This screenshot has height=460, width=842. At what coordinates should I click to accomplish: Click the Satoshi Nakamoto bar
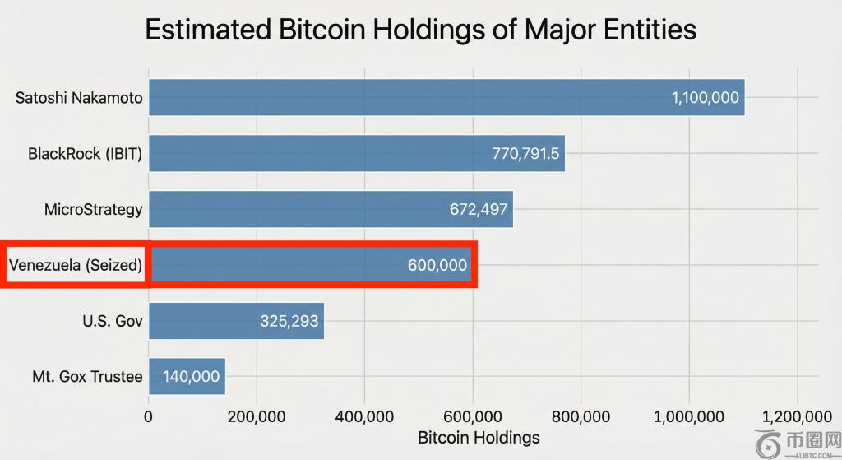[x=446, y=97]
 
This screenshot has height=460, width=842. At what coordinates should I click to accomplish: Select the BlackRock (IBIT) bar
[x=357, y=153]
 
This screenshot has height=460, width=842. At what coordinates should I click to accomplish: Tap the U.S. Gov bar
[x=236, y=321]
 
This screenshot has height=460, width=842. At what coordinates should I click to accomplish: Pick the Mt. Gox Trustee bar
[x=187, y=376]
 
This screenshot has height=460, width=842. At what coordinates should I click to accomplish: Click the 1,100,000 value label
[x=705, y=98]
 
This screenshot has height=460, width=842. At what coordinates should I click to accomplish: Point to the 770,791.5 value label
[x=525, y=154]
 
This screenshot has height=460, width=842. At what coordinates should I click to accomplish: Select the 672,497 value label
[x=479, y=209]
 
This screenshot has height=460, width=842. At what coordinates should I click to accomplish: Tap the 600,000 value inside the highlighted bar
[x=437, y=265]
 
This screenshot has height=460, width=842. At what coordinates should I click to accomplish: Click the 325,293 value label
[x=289, y=321]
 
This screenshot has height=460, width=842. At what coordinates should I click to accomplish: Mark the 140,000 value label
[x=191, y=377]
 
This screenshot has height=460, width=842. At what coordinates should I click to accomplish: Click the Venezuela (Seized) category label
[x=76, y=265]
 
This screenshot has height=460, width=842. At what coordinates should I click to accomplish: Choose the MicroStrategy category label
[x=94, y=209]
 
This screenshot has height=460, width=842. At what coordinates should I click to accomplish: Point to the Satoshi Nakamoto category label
[x=79, y=98]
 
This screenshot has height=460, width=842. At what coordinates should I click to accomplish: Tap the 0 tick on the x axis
[x=148, y=416]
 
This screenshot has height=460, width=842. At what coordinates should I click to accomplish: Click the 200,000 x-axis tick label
[x=257, y=416]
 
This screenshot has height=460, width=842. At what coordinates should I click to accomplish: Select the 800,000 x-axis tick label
[x=581, y=416]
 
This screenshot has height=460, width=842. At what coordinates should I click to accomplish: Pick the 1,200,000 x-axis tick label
[x=797, y=416]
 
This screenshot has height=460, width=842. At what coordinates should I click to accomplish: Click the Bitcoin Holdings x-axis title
[x=479, y=438]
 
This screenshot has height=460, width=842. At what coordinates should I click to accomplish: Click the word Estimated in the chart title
[x=208, y=29]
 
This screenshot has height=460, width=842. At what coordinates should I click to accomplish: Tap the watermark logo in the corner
[x=798, y=444]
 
